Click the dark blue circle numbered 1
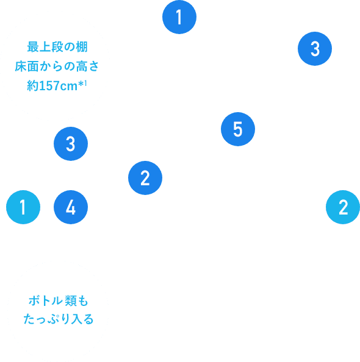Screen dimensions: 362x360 pos(179,18)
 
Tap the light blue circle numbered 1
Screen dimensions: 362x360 pos(23,208)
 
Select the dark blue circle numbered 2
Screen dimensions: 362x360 pos(145,179)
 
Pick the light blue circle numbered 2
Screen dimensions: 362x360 pos(343,208)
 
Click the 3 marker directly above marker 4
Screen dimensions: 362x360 pos(70,144)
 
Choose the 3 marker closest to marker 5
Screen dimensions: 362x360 pos(315,49)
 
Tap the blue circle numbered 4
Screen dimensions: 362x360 pos(70,208)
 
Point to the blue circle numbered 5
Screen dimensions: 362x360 pos(237,129)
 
